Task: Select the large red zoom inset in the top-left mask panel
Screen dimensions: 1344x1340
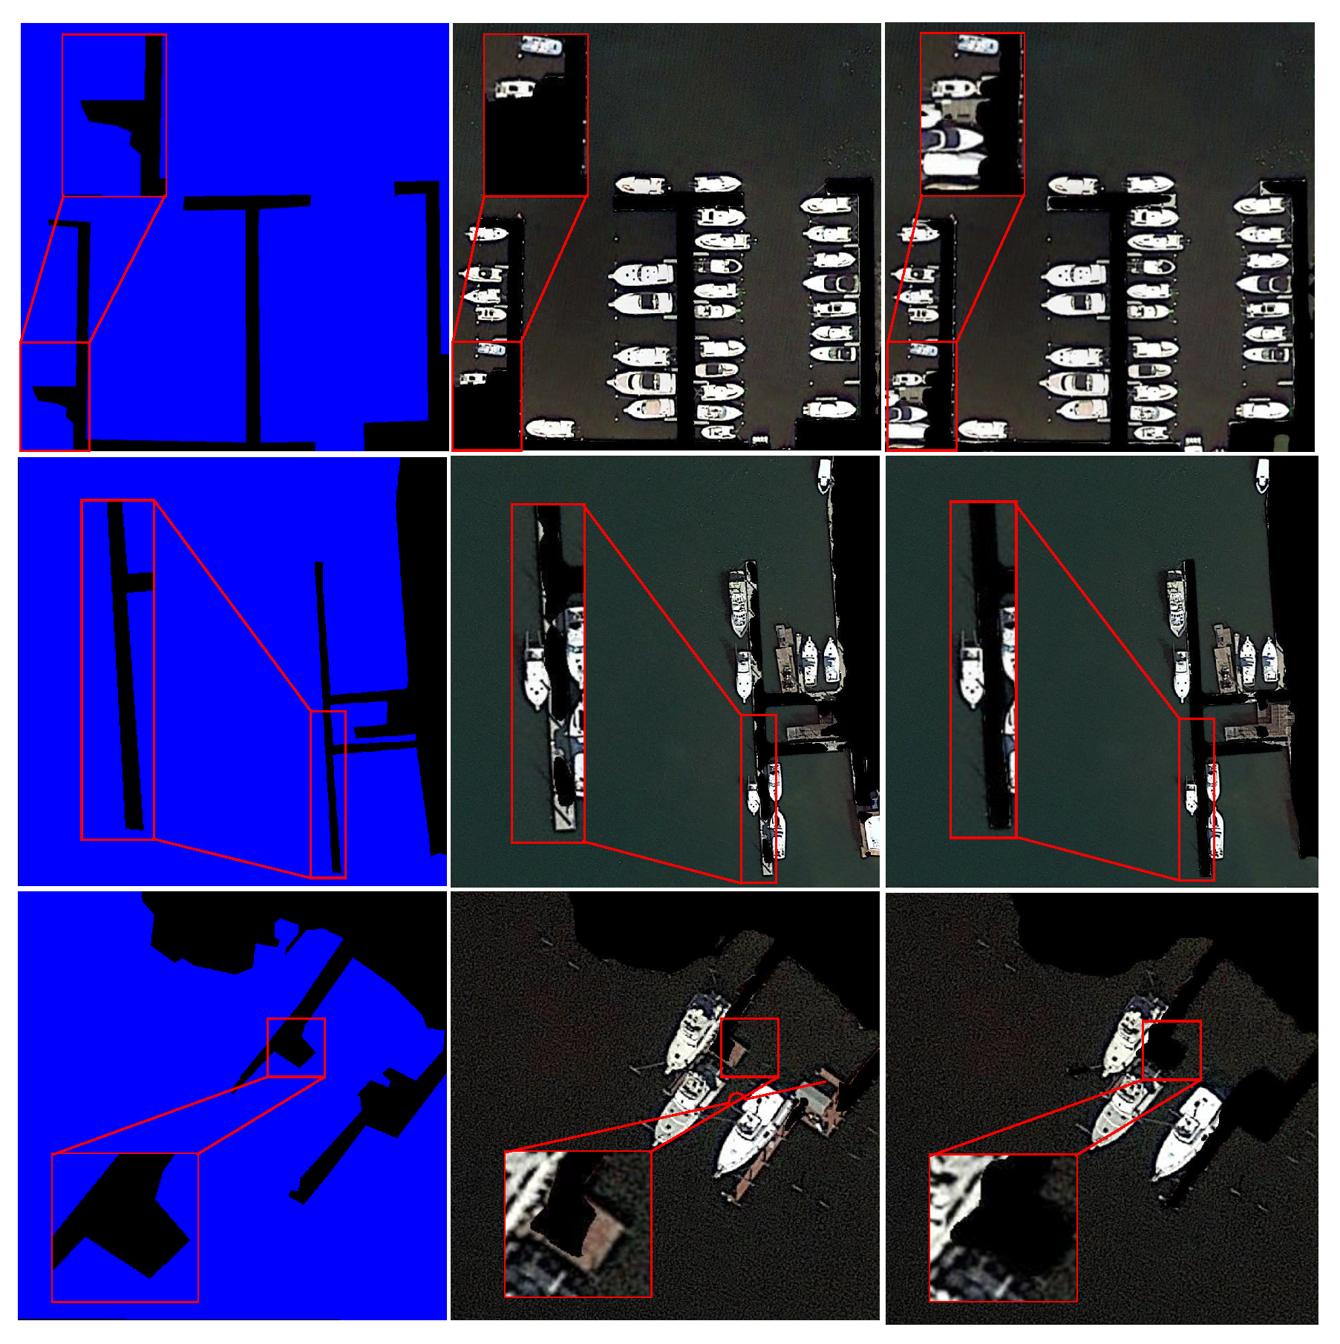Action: click(x=114, y=115)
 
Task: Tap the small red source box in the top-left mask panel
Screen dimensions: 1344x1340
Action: click(x=54, y=396)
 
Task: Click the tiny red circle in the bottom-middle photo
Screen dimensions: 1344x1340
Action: click(x=736, y=1098)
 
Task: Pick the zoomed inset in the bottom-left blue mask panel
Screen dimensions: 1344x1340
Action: click(x=125, y=1227)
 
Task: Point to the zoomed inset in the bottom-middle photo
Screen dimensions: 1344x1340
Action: click(x=578, y=1224)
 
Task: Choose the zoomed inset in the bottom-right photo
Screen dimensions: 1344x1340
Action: click(x=1003, y=1227)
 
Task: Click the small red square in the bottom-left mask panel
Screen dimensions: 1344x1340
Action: click(x=295, y=1047)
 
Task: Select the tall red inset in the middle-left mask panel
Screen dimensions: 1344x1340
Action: click(x=117, y=669)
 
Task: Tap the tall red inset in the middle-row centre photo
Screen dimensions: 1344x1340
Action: click(x=548, y=673)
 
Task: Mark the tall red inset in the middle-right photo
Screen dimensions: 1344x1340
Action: click(x=983, y=670)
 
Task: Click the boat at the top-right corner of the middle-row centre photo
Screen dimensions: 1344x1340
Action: click(x=825, y=475)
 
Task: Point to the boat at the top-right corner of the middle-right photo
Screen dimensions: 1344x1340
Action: click(x=1263, y=475)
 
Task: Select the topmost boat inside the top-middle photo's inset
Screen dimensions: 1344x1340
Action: click(x=542, y=46)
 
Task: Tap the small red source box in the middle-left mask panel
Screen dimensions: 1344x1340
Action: click(x=327, y=794)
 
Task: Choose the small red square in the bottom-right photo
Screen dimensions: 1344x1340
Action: click(x=1171, y=1050)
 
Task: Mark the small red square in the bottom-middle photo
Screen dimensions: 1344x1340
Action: click(x=749, y=1047)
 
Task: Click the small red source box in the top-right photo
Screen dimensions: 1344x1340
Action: click(x=921, y=396)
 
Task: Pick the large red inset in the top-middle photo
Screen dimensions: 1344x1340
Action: click(x=535, y=115)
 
